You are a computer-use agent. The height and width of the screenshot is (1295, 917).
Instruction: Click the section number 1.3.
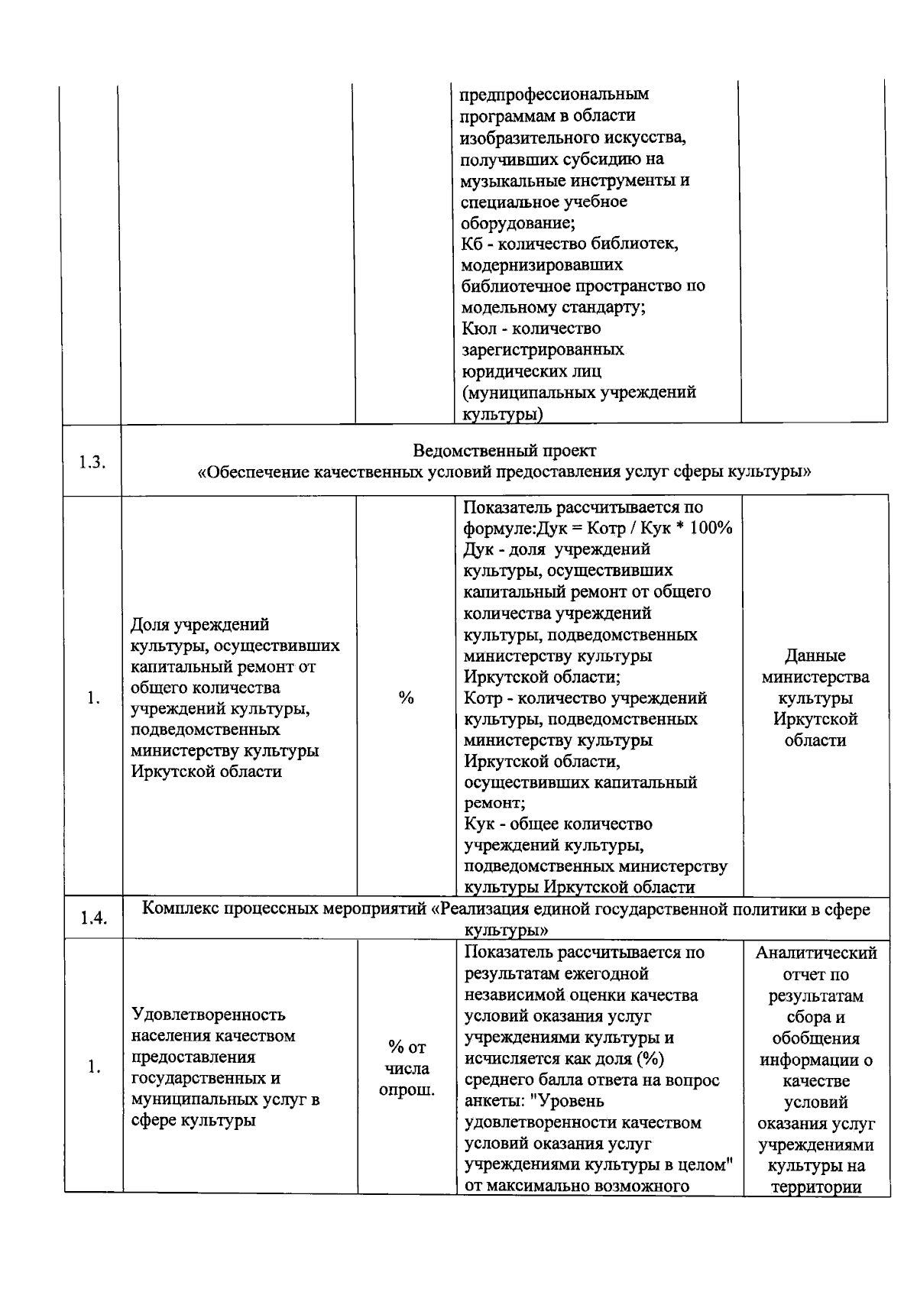pyautogui.click(x=92, y=462)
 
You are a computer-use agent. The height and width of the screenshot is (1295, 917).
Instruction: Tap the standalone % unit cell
pyautogui.click(x=406, y=698)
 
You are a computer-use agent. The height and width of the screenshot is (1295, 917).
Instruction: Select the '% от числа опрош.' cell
pyautogui.click(x=407, y=1068)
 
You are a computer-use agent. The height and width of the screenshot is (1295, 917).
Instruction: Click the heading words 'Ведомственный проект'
pyautogui.click(x=504, y=450)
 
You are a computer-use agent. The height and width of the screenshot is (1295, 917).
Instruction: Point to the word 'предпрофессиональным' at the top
pyautogui.click(x=555, y=95)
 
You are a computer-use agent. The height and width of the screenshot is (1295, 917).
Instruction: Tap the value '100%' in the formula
pyautogui.click(x=711, y=529)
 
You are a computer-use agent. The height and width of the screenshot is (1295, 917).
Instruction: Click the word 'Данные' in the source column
pyautogui.click(x=815, y=656)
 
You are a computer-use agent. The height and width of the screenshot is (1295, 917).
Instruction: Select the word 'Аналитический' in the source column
pyautogui.click(x=816, y=953)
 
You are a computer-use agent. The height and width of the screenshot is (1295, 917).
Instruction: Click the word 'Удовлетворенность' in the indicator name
pyautogui.click(x=209, y=1015)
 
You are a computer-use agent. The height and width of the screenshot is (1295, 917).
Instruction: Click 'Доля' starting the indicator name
pyautogui.click(x=150, y=626)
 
